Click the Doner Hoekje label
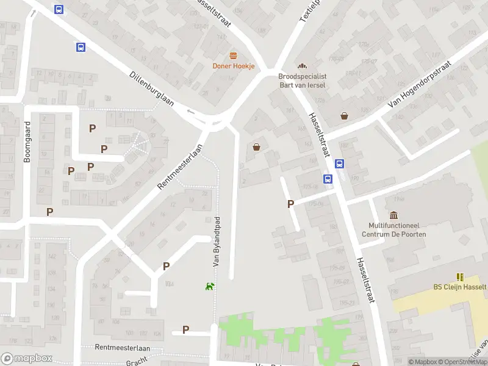233,66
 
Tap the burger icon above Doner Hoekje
233,56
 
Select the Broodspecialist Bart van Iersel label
302,81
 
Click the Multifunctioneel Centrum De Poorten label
393,230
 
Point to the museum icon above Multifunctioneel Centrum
393,215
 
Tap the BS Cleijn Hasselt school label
459,287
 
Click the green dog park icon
210,285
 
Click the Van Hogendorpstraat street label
422,91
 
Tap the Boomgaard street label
27,142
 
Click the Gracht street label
137,362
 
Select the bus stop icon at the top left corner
59,9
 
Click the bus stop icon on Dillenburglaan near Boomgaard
81,47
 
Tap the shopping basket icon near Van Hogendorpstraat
345,115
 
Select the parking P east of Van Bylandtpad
291,204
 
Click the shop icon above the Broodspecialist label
301,66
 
